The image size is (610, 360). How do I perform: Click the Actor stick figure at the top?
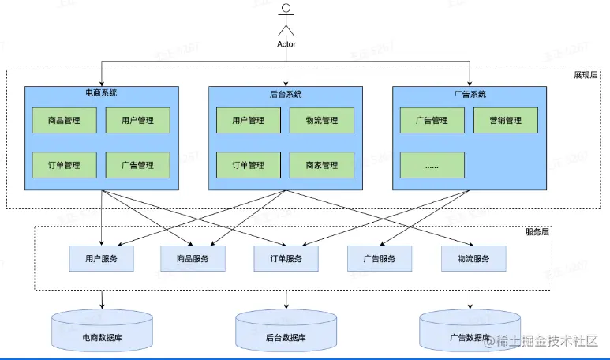286,22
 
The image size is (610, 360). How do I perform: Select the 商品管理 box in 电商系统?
64,121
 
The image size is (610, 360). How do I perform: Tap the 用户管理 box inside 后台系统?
249,121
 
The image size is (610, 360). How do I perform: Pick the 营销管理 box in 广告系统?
506,121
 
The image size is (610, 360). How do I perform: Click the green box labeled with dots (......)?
432,165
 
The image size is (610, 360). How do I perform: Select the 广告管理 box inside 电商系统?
138,165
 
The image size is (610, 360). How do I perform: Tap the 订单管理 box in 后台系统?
249,165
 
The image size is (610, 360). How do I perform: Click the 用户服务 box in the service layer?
102,258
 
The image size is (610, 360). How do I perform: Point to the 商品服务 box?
193,258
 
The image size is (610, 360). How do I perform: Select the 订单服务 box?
286,258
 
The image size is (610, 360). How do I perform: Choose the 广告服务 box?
380,258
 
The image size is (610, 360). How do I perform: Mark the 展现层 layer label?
586,75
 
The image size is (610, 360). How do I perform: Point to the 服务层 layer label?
537,232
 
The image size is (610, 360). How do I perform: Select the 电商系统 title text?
101,92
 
